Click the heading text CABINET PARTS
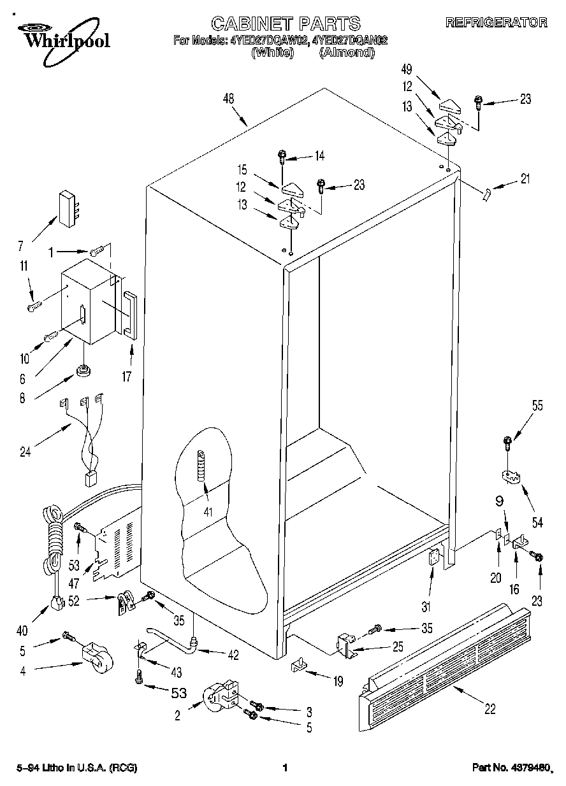pos(285,24)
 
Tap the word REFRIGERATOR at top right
pos(496,23)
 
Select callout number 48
pos(229,99)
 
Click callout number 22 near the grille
pos(489,709)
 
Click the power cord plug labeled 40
pos(58,602)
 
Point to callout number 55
pos(537,406)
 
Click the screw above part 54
pos(508,441)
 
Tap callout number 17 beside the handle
pos(126,376)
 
